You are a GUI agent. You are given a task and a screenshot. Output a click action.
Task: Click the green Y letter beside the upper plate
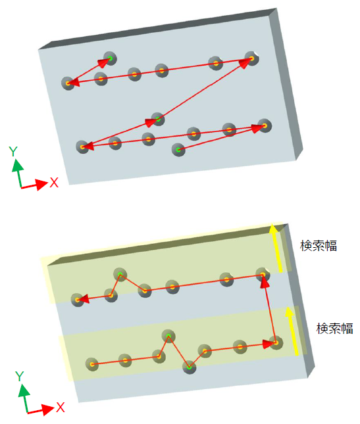(x=13, y=151)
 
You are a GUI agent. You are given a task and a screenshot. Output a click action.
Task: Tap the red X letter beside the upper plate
(x=54, y=183)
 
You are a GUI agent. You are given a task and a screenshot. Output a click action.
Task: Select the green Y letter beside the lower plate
(x=20, y=376)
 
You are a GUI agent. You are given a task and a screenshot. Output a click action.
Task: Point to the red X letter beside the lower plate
(x=61, y=407)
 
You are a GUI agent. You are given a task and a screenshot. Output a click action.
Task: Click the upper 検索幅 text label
(x=319, y=246)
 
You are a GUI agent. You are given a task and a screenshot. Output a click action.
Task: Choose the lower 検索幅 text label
(x=334, y=329)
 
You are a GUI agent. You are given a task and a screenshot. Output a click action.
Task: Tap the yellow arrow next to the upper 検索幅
(x=276, y=247)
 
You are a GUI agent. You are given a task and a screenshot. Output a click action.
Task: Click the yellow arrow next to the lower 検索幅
(x=293, y=331)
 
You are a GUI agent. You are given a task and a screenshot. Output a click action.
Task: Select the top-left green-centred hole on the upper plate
(x=110, y=58)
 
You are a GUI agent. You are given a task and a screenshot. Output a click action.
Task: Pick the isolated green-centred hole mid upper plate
(x=158, y=119)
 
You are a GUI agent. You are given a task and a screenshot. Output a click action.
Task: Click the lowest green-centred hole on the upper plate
(x=178, y=149)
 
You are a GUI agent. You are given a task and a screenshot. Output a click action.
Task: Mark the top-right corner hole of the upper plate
(x=251, y=58)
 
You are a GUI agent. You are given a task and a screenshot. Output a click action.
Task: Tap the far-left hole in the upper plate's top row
(x=68, y=83)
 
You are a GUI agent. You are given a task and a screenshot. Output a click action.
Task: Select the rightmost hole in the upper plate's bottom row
(x=265, y=126)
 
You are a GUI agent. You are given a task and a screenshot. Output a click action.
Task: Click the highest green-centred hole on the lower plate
(x=120, y=275)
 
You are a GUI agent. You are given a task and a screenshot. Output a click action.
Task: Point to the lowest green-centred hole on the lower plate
(x=189, y=367)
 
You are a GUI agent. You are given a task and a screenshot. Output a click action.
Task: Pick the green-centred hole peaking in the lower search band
(x=168, y=337)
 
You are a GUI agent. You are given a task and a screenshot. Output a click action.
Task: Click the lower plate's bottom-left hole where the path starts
(x=92, y=364)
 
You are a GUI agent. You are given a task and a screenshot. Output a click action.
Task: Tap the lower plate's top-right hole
(x=263, y=275)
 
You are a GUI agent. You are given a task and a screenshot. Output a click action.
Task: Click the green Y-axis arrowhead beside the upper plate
(x=18, y=165)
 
